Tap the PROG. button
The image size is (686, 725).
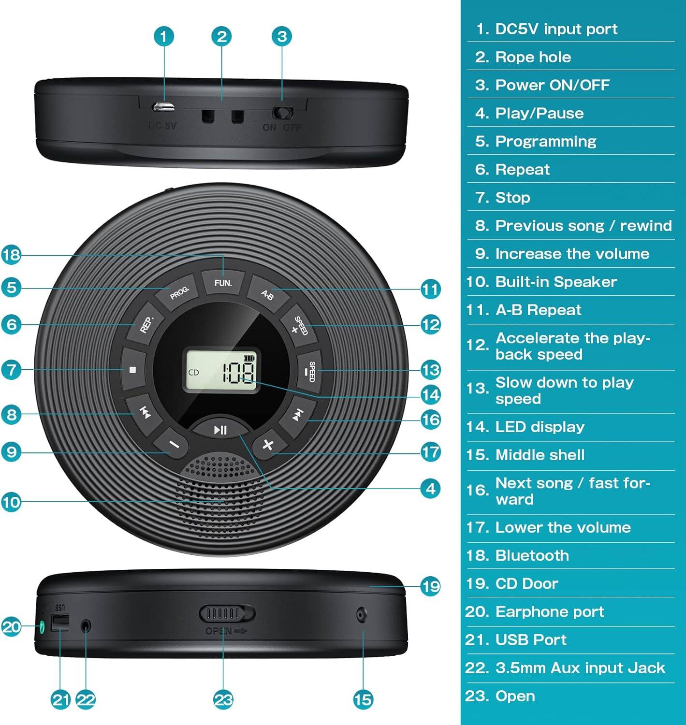pyautogui.click(x=179, y=291)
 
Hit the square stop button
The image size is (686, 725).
pyautogui.click(x=132, y=370)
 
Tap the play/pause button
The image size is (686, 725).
pyautogui.click(x=220, y=429)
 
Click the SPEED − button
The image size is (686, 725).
pyautogui.click(x=310, y=371)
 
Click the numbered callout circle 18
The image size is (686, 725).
pyautogui.click(x=12, y=255)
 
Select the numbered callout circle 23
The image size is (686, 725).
pyautogui.click(x=223, y=699)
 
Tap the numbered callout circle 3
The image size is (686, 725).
pyautogui.click(x=282, y=36)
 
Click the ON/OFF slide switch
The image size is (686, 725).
pyautogui.click(x=282, y=113)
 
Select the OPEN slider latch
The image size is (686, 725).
pyautogui.click(x=227, y=614)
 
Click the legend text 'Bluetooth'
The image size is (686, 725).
pyautogui.click(x=532, y=555)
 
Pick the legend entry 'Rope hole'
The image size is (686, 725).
pyautogui.click(x=533, y=57)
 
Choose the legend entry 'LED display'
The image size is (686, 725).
pyautogui.click(x=540, y=427)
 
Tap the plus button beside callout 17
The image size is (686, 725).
pyautogui.click(x=267, y=445)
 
